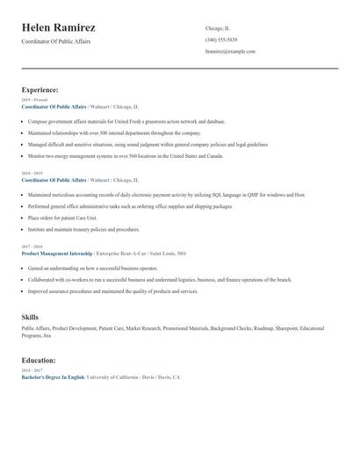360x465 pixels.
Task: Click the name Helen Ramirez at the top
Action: click(59, 28)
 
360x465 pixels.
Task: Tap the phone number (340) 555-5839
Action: click(221, 40)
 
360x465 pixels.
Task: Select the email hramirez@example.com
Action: click(230, 52)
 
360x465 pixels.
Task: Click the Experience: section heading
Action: click(40, 89)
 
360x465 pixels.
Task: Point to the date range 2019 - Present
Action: click(32, 100)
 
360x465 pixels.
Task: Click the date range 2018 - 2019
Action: click(31, 174)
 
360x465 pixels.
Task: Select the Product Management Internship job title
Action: click(56, 253)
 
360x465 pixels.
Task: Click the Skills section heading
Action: click(30, 316)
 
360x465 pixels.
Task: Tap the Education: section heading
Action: click(39, 360)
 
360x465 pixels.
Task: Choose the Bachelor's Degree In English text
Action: click(53, 376)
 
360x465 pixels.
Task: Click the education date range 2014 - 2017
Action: click(31, 370)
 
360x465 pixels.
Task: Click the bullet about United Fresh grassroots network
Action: click(126, 121)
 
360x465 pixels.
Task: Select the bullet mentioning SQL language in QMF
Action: click(166, 195)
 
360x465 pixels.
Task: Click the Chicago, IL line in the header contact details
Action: click(217, 28)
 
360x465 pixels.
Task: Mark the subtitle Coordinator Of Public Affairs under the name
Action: click(55, 42)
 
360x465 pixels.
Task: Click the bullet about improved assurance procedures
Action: click(112, 290)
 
